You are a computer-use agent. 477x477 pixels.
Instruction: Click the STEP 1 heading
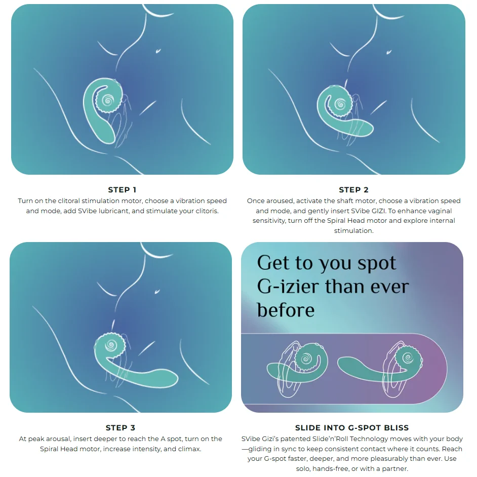(122, 190)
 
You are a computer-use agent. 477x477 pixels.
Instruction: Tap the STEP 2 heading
(353, 190)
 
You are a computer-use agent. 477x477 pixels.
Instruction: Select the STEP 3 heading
(121, 428)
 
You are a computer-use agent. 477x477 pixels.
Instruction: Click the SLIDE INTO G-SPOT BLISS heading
(352, 428)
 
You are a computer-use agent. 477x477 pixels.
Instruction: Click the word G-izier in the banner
(288, 287)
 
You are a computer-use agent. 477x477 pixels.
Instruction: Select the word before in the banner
(286, 309)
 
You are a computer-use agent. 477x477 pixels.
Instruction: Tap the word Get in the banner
(274, 264)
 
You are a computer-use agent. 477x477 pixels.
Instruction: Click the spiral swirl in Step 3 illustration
(109, 347)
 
